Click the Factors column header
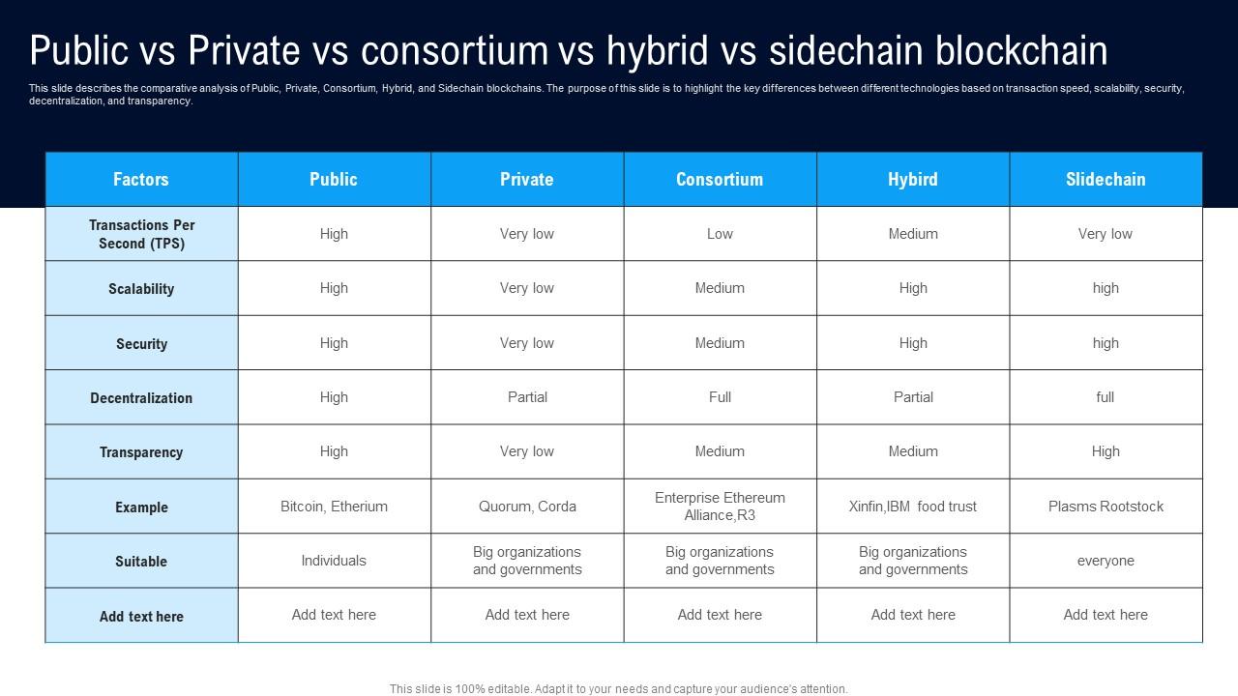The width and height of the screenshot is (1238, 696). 141,179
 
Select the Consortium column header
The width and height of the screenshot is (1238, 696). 720,179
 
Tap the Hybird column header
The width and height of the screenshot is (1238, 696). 913,179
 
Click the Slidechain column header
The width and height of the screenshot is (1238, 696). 1105,179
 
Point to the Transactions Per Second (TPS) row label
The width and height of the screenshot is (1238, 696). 141,234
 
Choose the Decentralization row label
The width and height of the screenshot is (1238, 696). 141,398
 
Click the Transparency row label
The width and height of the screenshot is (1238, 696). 141,452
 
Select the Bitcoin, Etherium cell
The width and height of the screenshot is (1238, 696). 334,507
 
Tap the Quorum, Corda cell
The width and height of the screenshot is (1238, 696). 527,507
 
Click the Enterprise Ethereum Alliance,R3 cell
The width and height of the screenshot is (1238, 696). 720,507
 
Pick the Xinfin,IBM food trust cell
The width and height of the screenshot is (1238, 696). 913,507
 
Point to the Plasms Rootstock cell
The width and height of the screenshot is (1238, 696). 1105,507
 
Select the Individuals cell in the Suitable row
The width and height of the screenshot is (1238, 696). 334,561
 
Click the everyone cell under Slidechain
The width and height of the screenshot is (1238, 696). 1105,561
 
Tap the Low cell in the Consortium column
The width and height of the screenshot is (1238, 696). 720,234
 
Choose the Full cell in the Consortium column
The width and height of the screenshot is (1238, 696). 720,397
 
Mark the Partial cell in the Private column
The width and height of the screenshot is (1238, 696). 527,397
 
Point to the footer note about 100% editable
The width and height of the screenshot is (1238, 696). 619,689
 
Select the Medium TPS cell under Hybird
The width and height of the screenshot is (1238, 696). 913,234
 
